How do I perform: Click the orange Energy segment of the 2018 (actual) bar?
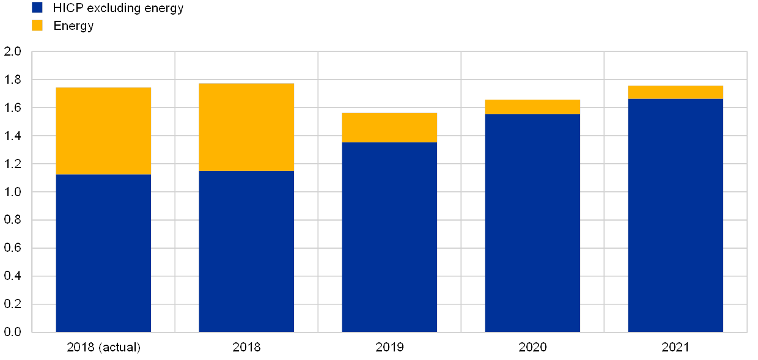point(103,131)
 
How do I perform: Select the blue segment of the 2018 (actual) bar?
point(103,253)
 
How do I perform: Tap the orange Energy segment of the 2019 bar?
point(389,127)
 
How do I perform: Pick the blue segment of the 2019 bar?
point(389,237)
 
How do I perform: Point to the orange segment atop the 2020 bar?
point(532,107)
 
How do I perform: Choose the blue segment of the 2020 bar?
point(532,223)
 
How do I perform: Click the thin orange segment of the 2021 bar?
point(675,92)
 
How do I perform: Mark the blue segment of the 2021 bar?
point(675,215)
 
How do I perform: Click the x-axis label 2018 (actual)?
point(103,348)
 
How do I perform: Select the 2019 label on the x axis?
point(389,348)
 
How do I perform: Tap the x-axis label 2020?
point(532,348)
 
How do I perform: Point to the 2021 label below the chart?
point(675,348)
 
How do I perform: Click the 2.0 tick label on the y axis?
point(13,52)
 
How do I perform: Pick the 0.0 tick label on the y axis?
point(13,332)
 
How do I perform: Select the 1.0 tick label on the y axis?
point(13,192)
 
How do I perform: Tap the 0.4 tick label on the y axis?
point(13,276)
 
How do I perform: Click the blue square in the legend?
point(37,8)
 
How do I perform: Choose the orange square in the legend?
point(37,26)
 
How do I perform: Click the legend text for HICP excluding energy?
point(124,9)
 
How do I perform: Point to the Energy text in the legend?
point(78,26)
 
